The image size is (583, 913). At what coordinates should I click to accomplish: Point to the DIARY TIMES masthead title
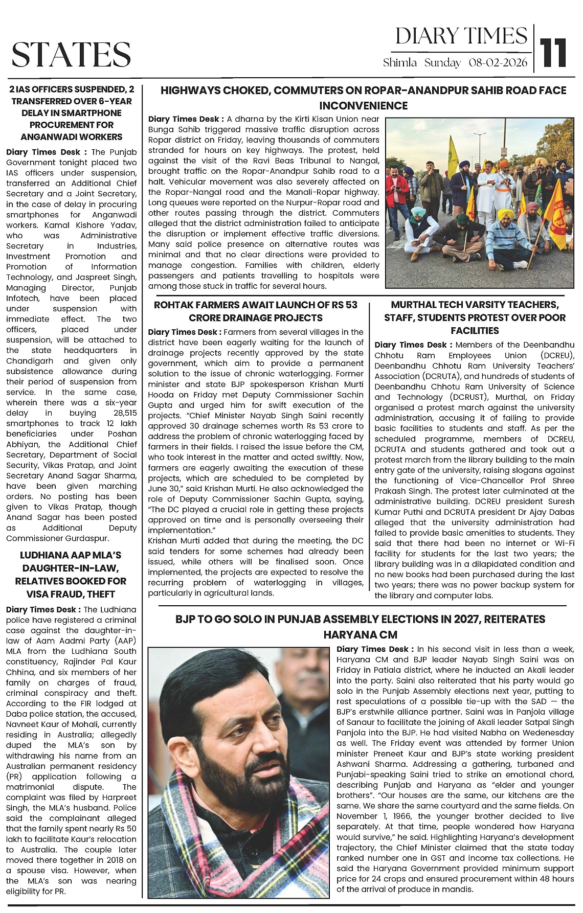pos(461,36)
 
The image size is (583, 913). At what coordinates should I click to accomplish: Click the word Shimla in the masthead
pos(400,63)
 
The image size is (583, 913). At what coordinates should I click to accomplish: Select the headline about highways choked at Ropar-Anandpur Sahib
pos(363,98)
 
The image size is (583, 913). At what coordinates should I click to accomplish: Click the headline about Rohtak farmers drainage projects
pos(256,311)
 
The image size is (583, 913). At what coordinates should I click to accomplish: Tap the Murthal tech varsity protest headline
pos(475,317)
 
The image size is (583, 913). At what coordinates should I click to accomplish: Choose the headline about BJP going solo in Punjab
pos(360,627)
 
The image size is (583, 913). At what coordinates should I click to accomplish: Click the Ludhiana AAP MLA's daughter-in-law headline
pos(71,575)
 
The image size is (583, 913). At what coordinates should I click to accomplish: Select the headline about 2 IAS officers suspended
pos(72,113)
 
